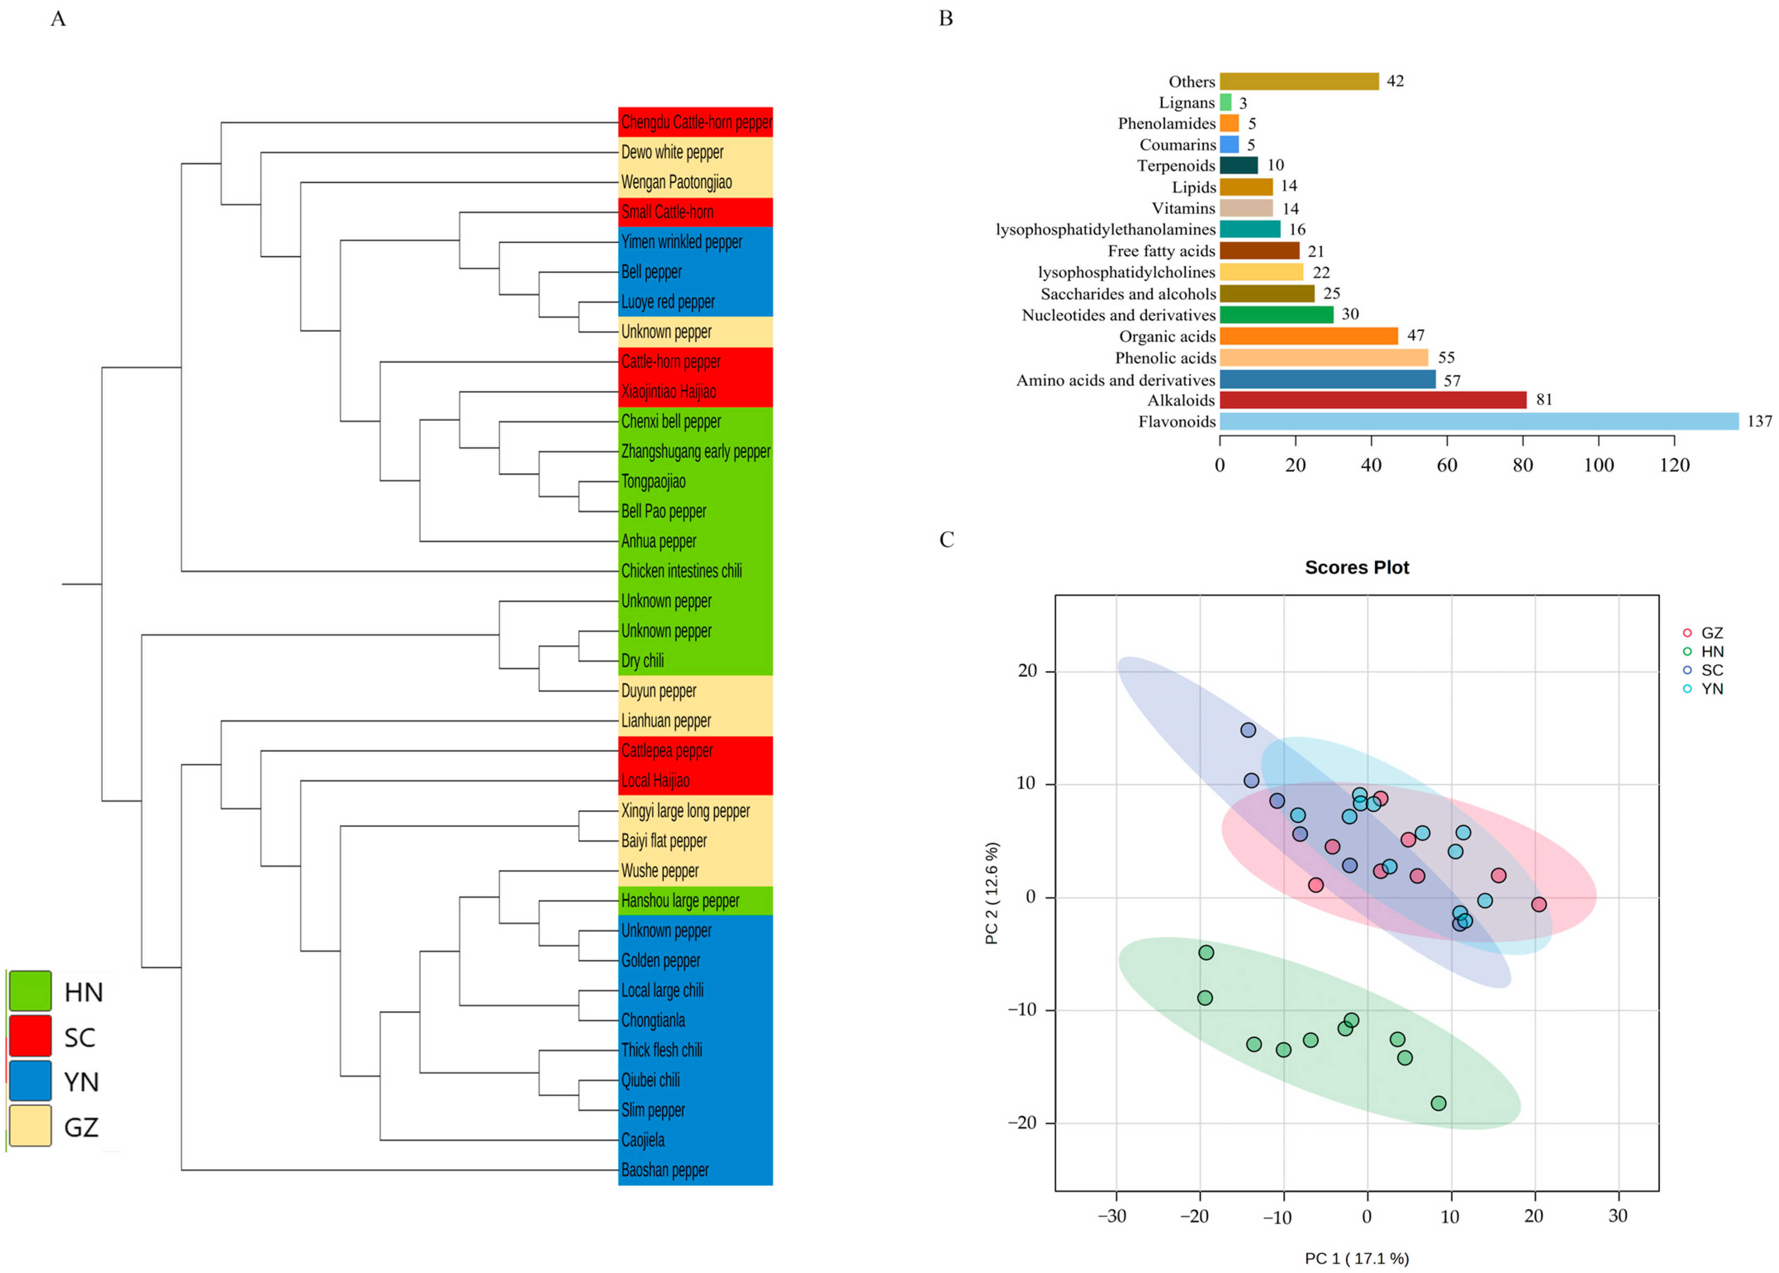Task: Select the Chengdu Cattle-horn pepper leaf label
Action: tap(696, 122)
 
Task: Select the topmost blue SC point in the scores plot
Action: tap(1248, 730)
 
